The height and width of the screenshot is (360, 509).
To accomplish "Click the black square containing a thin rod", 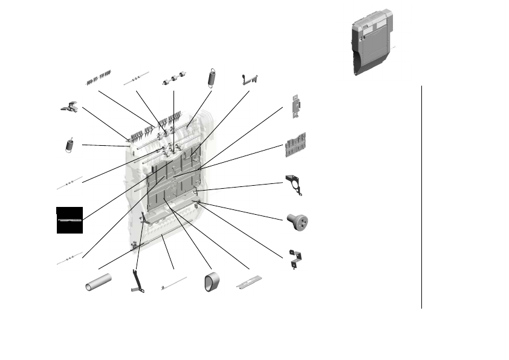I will (x=69, y=220).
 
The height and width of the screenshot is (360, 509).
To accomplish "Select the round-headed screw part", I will (x=297, y=220).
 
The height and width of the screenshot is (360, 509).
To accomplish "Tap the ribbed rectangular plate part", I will (x=296, y=144).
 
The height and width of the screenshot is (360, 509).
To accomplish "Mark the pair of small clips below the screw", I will (x=296, y=258).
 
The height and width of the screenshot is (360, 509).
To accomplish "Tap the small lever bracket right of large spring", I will (x=249, y=79).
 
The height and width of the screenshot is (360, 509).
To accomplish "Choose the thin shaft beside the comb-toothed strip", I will (x=136, y=79).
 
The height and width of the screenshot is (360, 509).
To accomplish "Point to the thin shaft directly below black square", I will (x=69, y=258).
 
